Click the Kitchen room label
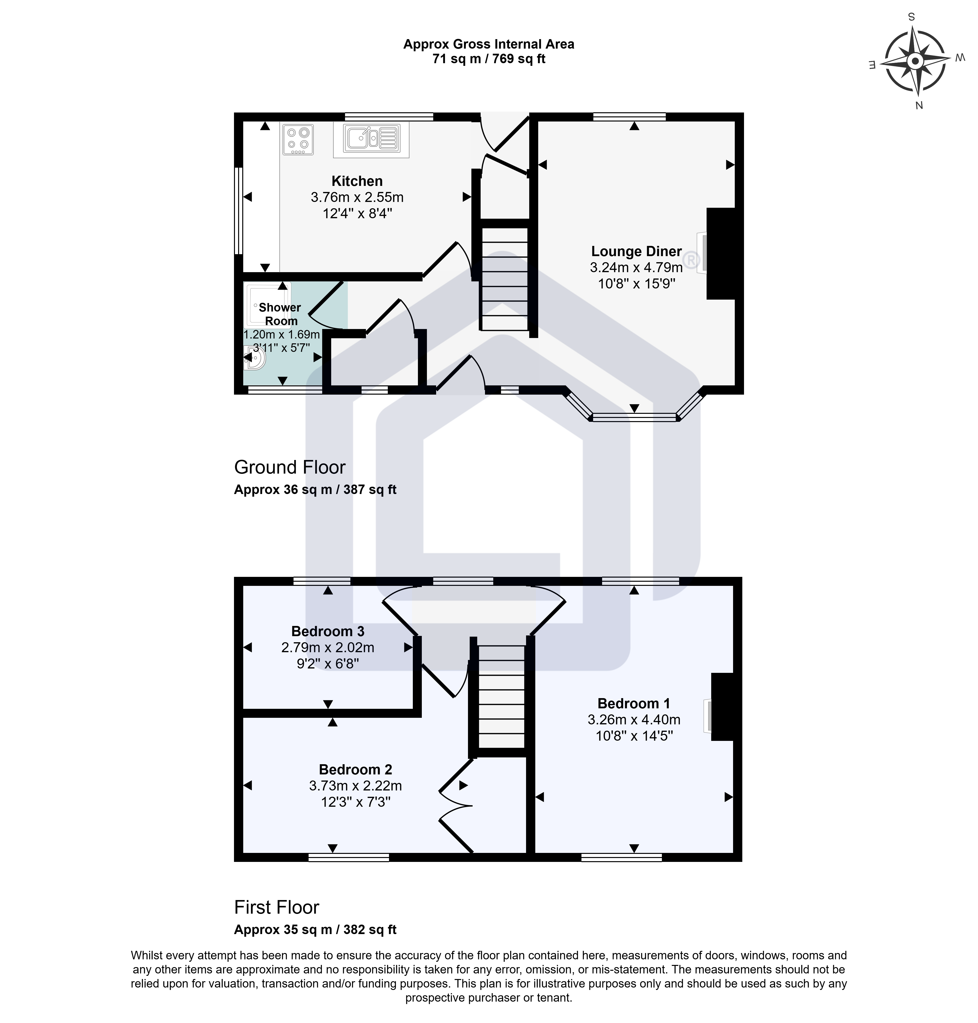pos(357,181)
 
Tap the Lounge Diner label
pos(637,251)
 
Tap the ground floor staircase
pos(505,279)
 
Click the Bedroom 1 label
pos(634,703)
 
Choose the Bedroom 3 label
pos(328,632)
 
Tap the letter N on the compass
pos(919,105)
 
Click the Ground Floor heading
pos(290,467)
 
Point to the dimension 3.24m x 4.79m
pos(637,268)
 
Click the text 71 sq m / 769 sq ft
pos(489,59)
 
